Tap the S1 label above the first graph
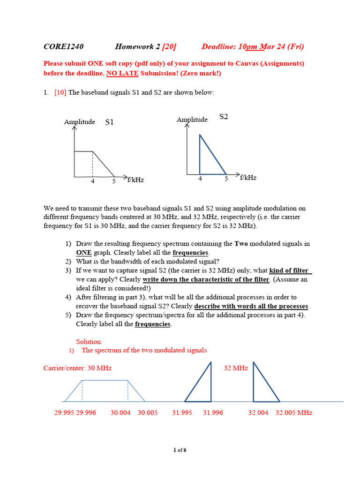coord(109,122)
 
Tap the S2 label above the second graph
coord(224,116)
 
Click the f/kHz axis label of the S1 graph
coord(135,179)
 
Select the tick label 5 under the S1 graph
coord(113,181)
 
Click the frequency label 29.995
coord(64,412)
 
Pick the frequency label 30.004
coord(120,412)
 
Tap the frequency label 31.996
coord(213,412)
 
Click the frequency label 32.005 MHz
coord(293,412)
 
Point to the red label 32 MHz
coord(236,368)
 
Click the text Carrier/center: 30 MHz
coord(77,368)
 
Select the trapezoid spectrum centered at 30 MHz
coord(105,391)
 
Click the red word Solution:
coord(89,342)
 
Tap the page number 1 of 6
coord(180,450)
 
